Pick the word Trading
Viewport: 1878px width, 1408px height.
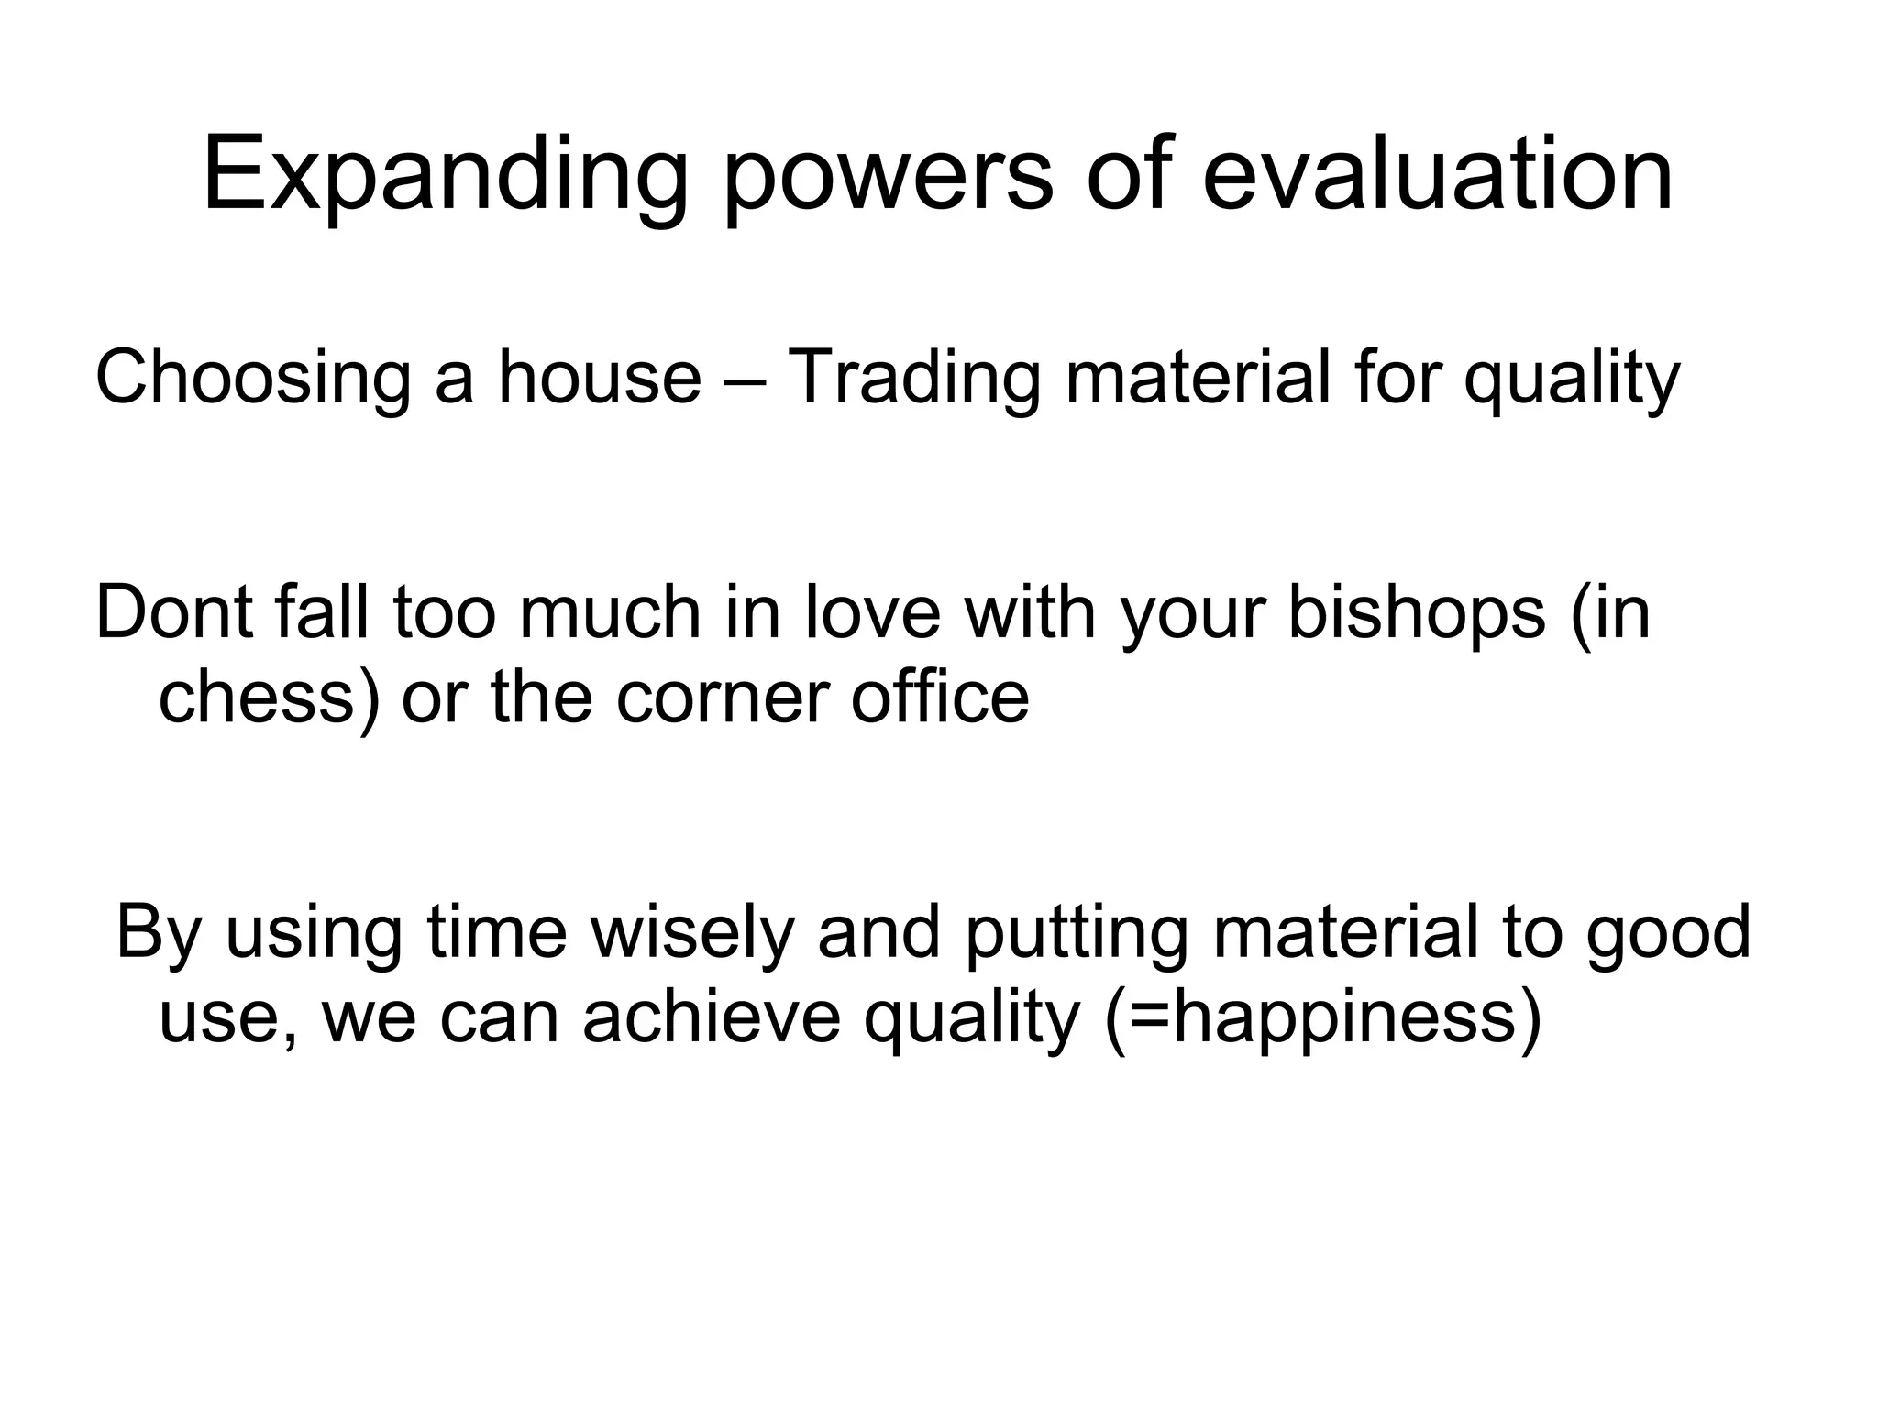point(914,379)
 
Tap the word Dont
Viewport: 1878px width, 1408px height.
point(172,612)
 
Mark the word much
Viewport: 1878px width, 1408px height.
point(611,612)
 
